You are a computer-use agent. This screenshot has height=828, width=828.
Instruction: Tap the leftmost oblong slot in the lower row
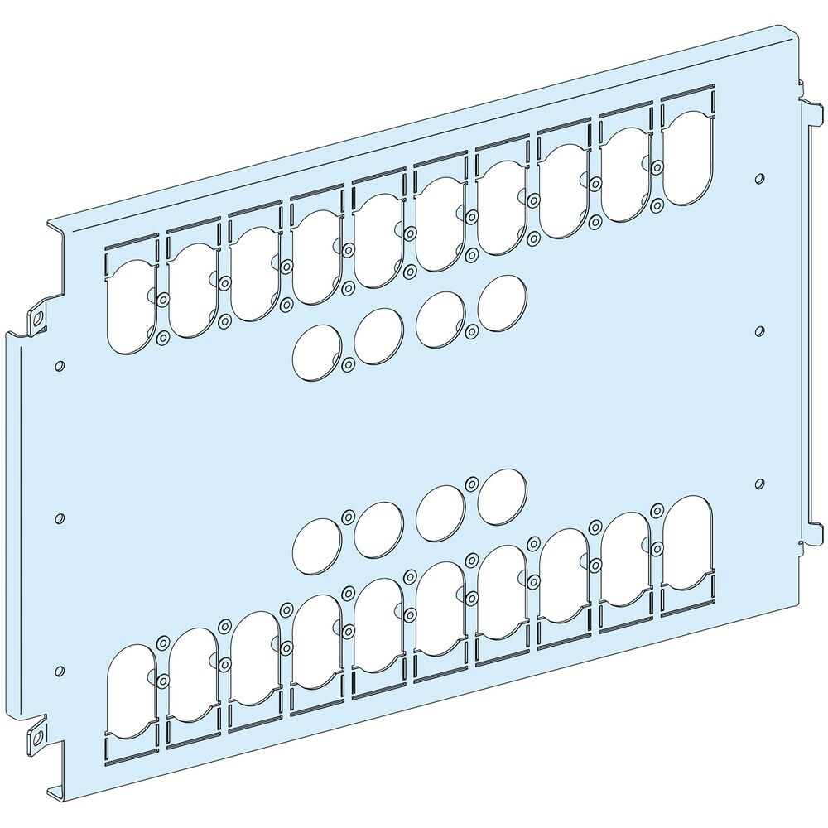coord(131,691)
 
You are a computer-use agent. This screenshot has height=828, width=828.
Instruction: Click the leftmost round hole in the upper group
coord(316,351)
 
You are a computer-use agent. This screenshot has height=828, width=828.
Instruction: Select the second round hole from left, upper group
coord(378,335)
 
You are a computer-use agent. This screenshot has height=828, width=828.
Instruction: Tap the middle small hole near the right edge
coord(760,330)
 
